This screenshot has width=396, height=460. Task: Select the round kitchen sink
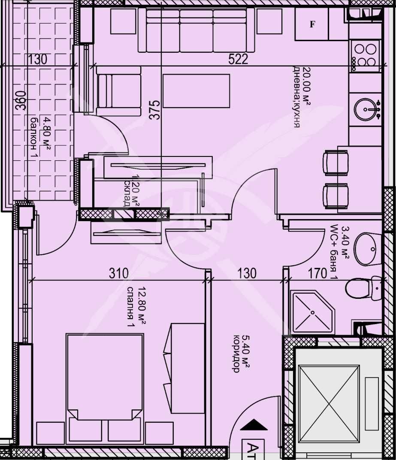point(368,109)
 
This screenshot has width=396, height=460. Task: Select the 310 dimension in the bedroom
point(119,273)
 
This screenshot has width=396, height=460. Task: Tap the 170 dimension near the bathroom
point(318,273)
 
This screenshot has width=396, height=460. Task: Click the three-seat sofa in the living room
point(196,30)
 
